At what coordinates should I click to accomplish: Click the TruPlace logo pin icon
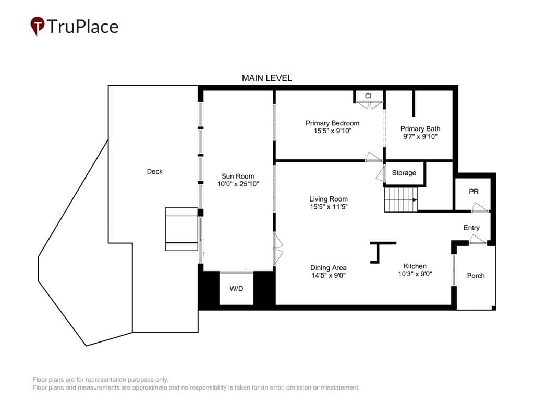pyautogui.click(x=38, y=26)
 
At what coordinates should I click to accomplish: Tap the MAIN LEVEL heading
pyautogui.click(x=267, y=78)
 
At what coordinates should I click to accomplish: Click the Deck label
pyautogui.click(x=154, y=171)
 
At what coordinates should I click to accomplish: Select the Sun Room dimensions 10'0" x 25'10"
pyautogui.click(x=238, y=184)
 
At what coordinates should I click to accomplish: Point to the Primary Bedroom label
pyautogui.click(x=332, y=123)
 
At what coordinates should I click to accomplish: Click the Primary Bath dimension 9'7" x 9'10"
pyautogui.click(x=420, y=136)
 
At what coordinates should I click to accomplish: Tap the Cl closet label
pyautogui.click(x=368, y=96)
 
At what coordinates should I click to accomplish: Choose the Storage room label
pyautogui.click(x=404, y=173)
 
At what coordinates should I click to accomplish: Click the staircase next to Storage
pyautogui.click(x=401, y=200)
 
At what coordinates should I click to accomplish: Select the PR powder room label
pyautogui.click(x=474, y=192)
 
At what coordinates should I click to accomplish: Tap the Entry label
pyautogui.click(x=471, y=228)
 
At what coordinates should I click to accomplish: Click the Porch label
pyautogui.click(x=476, y=276)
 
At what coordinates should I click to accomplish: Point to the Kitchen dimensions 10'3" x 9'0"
pyautogui.click(x=415, y=274)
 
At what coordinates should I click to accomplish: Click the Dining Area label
pyautogui.click(x=329, y=268)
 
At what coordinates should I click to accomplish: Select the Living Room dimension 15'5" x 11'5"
pyautogui.click(x=329, y=206)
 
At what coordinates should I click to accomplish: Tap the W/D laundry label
pyautogui.click(x=236, y=288)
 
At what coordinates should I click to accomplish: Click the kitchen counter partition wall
pyautogui.click(x=378, y=252)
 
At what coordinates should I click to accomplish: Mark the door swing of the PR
pyautogui.click(x=480, y=207)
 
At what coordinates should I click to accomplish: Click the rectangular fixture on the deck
pyautogui.click(x=181, y=229)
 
